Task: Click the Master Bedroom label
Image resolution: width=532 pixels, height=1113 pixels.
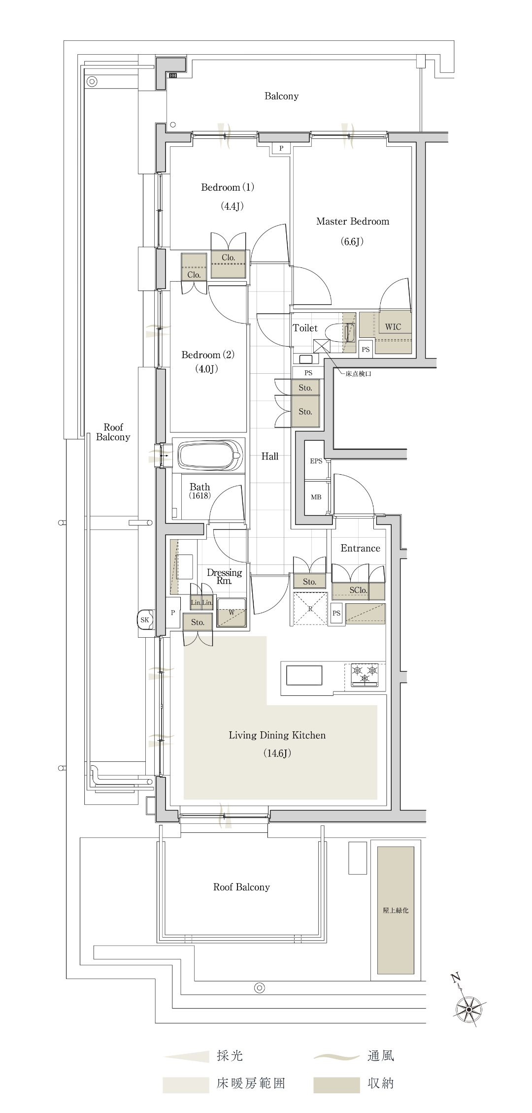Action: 353,222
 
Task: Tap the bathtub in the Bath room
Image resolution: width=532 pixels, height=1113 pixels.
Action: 211,455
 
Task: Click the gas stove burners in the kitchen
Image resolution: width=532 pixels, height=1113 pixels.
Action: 365,674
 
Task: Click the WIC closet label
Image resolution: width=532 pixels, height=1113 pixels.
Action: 393,327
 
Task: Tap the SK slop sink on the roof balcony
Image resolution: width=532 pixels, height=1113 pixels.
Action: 145,620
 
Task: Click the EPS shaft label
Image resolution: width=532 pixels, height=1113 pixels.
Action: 316,461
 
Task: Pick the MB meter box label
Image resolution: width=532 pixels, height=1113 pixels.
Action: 316,497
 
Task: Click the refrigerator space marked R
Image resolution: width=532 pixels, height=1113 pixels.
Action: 310,609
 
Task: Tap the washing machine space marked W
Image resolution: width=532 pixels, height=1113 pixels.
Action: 232,613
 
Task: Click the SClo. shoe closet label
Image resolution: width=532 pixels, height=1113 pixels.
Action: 358,590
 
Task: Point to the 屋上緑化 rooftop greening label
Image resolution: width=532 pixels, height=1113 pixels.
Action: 396,910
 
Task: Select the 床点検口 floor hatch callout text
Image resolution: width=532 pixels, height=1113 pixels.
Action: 358,374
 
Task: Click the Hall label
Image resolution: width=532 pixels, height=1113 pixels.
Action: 270,457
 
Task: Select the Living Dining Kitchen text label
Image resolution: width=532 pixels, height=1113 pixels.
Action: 277,735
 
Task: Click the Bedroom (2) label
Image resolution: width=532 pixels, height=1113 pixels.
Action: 208,355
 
